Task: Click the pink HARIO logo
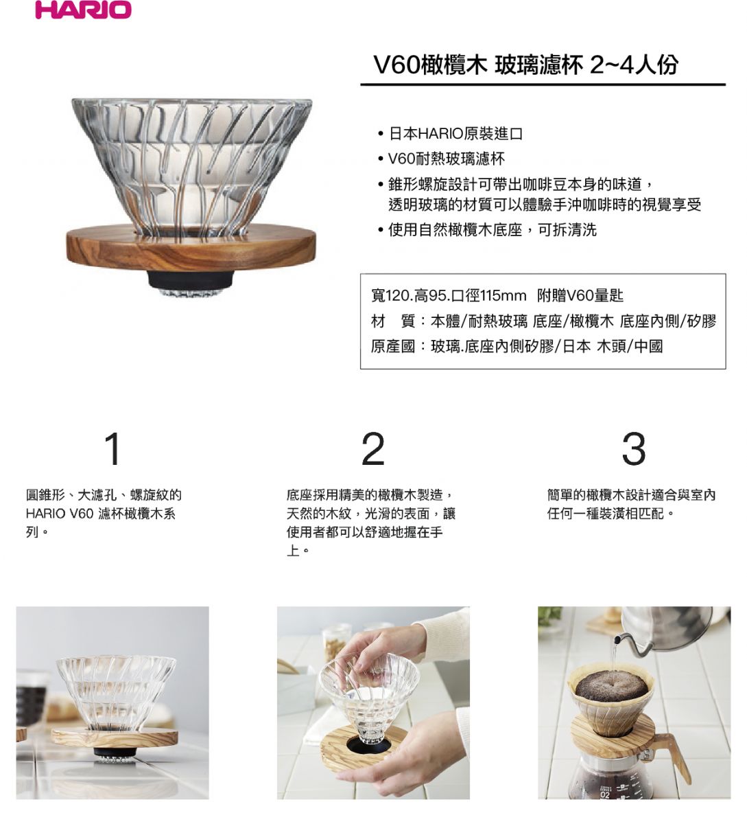(83, 10)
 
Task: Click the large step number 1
(113, 449)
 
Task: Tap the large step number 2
(372, 449)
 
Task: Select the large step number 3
(634, 449)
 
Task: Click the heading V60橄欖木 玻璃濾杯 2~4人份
(525, 65)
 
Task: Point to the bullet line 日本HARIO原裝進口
(455, 134)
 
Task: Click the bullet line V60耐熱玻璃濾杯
(447, 159)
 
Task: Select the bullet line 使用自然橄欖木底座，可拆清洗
(492, 230)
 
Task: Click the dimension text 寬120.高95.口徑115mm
(449, 295)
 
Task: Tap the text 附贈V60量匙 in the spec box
(580, 295)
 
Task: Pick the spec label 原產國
(393, 346)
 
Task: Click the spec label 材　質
(393, 321)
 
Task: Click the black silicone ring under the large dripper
(190, 280)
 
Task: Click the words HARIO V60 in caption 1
(60, 514)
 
